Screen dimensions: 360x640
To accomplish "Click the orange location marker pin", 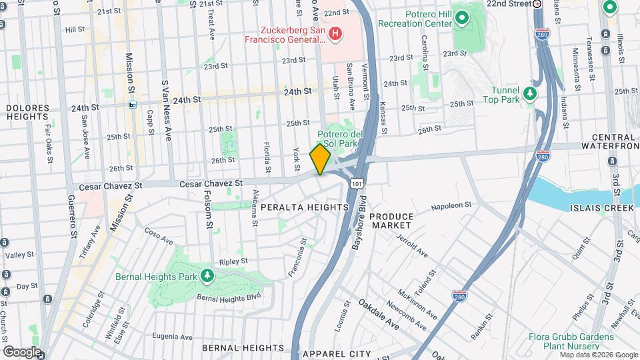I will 321,159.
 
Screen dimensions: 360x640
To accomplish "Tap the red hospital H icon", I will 335,33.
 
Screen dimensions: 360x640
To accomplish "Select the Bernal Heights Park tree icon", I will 207,275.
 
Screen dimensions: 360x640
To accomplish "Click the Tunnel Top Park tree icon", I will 530,93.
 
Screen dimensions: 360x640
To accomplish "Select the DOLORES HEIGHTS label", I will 28,112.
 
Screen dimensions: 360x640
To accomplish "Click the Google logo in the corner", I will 21,351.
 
